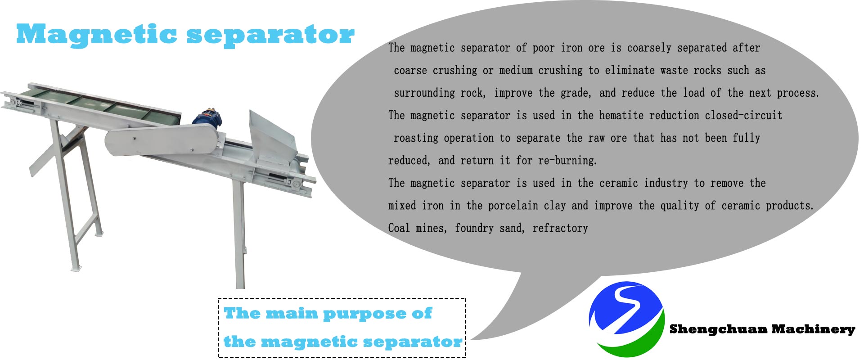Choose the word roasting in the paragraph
click(416, 138)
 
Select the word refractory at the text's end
click(560, 228)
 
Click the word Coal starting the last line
click(399, 228)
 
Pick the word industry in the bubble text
click(666, 183)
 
